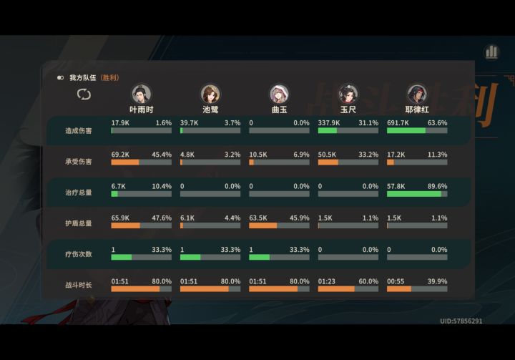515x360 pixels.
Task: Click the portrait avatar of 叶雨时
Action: tap(141, 94)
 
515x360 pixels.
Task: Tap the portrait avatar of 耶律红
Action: tap(417, 94)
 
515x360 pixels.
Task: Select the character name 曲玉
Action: tap(279, 110)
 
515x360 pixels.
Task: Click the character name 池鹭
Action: tap(210, 110)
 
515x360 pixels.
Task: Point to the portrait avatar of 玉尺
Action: tap(348, 94)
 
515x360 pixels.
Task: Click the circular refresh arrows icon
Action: tap(84, 94)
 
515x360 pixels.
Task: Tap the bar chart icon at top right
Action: tap(491, 52)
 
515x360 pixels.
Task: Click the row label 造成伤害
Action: tap(78, 131)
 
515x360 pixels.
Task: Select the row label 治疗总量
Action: tap(78, 193)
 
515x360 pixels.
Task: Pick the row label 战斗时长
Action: tap(78, 285)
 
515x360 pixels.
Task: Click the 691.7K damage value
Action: tap(398, 123)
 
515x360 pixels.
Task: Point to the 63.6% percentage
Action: tap(437, 123)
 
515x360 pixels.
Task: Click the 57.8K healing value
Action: tap(396, 186)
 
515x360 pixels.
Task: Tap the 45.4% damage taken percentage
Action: tap(162, 155)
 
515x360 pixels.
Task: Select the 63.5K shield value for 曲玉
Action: tap(258, 218)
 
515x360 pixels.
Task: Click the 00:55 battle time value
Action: tap(396, 281)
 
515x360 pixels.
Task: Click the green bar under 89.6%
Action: tap(414, 194)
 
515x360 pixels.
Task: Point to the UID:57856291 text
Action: tap(461, 321)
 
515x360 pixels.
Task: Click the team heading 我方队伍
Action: tap(82, 78)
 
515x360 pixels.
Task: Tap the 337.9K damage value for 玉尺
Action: tap(329, 123)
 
